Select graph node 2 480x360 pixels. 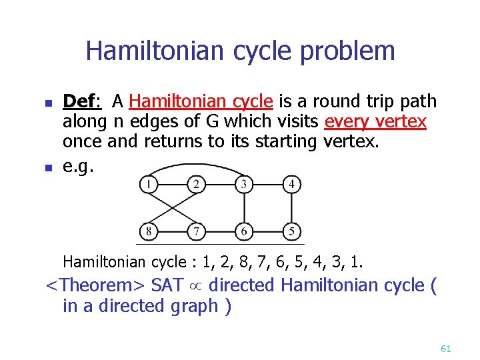click(196, 183)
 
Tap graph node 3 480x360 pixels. click(244, 183)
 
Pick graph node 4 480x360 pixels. click(291, 183)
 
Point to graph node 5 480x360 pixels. click(291, 231)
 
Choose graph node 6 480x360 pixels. click(244, 231)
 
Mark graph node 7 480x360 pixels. click(196, 231)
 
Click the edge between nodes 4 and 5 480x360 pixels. click(291, 207)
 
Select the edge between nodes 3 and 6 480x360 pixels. click(244, 207)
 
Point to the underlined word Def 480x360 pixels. click(79, 101)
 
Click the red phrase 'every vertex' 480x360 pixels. click(375, 121)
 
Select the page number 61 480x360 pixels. click(446, 348)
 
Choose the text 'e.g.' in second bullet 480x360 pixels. click(78, 165)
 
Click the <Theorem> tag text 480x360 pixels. click(95, 285)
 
